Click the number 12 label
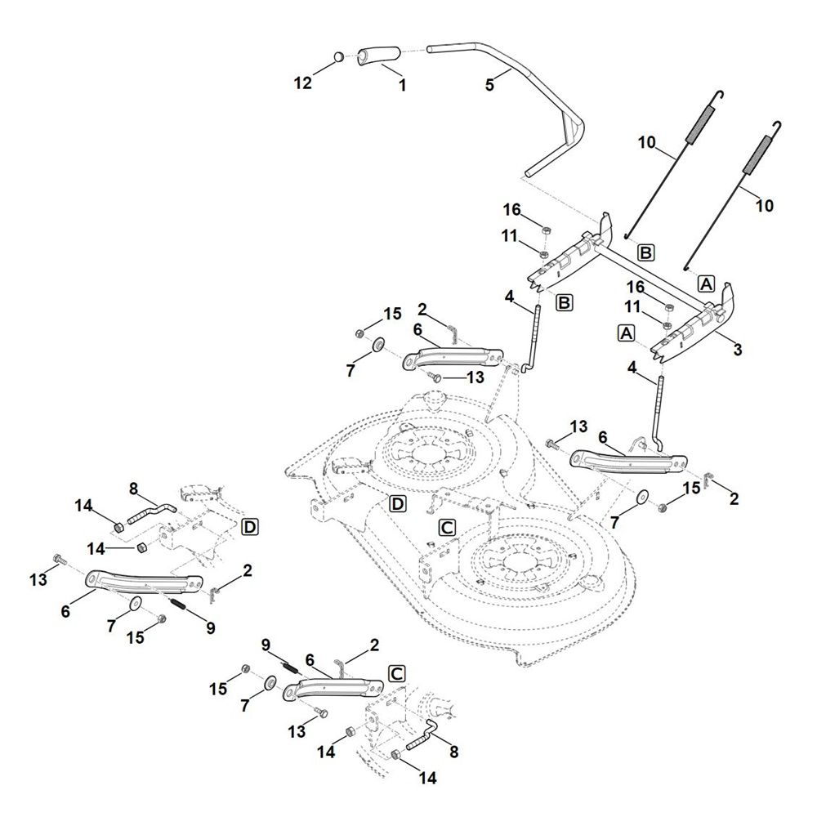[303, 83]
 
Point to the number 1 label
[401, 83]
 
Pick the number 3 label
[738, 350]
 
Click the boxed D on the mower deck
[397, 503]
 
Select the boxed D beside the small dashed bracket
[250, 527]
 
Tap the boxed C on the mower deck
[447, 528]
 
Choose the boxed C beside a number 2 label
[396, 673]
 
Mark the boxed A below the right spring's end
[707, 283]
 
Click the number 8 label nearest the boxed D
[134, 489]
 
